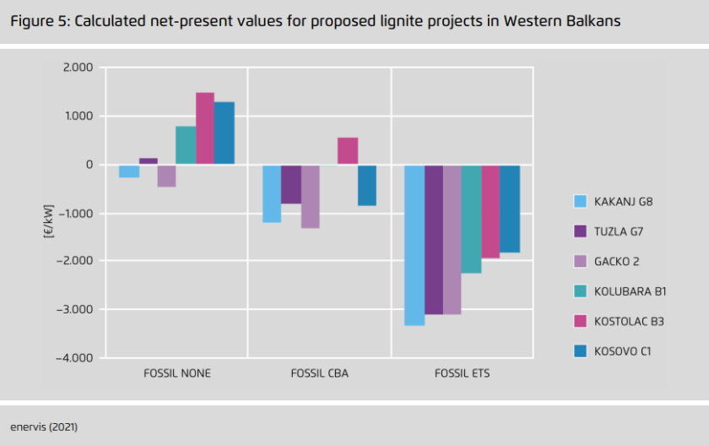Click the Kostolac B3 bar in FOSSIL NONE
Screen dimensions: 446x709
(205, 128)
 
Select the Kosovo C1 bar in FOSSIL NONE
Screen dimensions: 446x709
(225, 133)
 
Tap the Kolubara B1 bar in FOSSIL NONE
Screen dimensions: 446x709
(186, 145)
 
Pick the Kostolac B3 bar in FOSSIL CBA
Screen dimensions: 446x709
(348, 151)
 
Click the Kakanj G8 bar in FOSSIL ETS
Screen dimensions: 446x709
(414, 245)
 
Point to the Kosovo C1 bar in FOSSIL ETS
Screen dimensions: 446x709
(510, 209)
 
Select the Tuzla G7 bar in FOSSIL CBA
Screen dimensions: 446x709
(291, 184)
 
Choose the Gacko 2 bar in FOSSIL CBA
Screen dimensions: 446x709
(310, 196)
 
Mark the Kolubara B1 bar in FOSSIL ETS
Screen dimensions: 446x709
(471, 219)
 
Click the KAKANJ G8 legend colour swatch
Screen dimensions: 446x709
(580, 201)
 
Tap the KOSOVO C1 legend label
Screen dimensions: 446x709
(624, 351)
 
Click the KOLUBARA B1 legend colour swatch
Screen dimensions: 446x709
(580, 291)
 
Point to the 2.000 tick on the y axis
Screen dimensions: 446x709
(78, 68)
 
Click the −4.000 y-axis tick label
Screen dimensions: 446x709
(76, 358)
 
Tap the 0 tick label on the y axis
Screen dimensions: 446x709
(88, 165)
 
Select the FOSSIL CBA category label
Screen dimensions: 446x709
(319, 373)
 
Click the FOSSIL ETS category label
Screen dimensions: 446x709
(462, 373)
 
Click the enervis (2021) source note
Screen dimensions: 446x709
(44, 427)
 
